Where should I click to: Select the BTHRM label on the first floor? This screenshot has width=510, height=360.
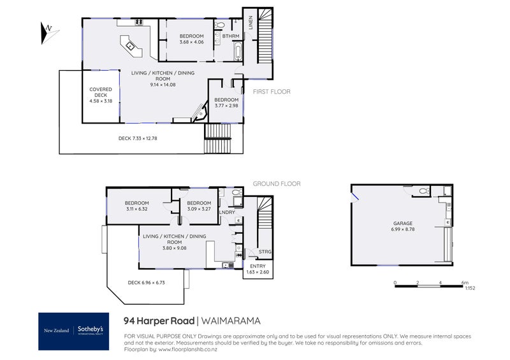pyautogui.click(x=230, y=36)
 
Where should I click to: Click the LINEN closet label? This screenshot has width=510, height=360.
pyautogui.click(x=251, y=23)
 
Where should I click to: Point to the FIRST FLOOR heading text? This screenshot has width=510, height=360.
pyautogui.click(x=272, y=92)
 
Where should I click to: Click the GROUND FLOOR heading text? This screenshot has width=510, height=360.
pyautogui.click(x=277, y=184)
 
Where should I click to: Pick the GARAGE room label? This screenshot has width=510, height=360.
pyautogui.click(x=402, y=224)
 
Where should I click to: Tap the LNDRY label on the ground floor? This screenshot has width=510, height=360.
pyautogui.click(x=228, y=212)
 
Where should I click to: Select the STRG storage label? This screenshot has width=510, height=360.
pyautogui.click(x=265, y=252)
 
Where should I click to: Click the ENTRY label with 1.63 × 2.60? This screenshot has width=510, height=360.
pyautogui.click(x=258, y=270)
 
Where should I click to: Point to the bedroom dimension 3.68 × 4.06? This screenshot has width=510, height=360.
pyautogui.click(x=191, y=42)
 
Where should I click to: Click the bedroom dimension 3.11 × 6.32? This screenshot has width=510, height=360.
pyautogui.click(x=137, y=208)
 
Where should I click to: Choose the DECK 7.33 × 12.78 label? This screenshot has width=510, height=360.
pyautogui.click(x=147, y=138)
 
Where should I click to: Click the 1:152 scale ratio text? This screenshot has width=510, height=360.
pyautogui.click(x=470, y=288)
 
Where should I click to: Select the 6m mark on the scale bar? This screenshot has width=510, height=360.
pyautogui.click(x=465, y=282)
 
